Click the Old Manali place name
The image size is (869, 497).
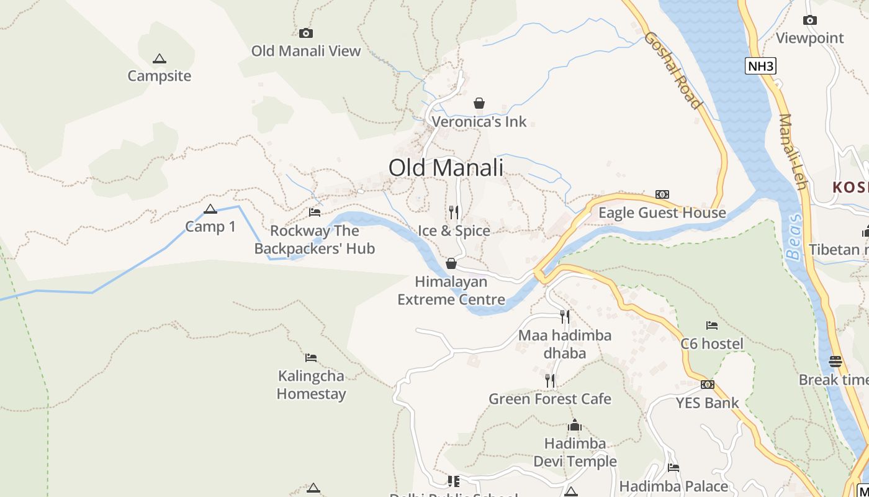[446, 168]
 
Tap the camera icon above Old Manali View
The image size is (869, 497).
[305, 34]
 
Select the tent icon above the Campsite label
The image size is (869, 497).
[160, 59]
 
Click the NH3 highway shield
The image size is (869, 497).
[760, 66]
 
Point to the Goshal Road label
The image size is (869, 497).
[673, 70]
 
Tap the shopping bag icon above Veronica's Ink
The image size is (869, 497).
[479, 103]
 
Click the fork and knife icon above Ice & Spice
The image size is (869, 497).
[454, 212]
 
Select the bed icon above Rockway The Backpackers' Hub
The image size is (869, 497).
[315, 212]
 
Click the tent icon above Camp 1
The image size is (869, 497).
[210, 209]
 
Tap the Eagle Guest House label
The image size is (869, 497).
[662, 213]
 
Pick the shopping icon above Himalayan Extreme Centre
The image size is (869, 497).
[451, 263]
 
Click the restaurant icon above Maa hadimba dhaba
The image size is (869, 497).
[565, 317]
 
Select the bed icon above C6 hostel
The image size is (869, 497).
[712, 326]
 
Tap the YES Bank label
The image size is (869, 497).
[707, 403]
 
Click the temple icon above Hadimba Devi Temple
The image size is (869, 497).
[575, 426]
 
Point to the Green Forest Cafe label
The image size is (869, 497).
[550, 399]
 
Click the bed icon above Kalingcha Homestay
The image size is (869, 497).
[311, 358]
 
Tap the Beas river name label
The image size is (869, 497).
[794, 237]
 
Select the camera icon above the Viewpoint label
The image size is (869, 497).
[809, 21]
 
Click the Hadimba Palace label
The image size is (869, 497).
[673, 486]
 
